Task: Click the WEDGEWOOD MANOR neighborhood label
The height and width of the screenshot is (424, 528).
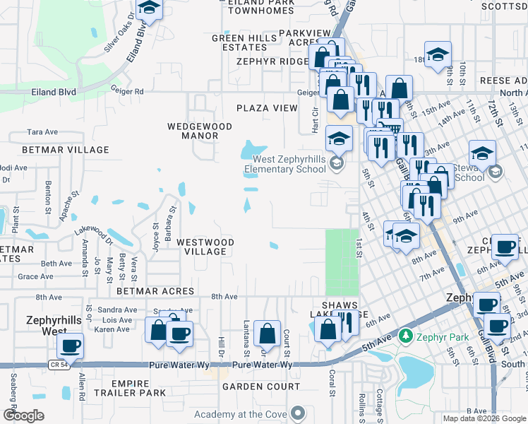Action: [199, 131]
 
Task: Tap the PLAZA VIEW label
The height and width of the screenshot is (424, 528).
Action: [267, 108]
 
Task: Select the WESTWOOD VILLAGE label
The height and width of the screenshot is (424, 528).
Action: [205, 247]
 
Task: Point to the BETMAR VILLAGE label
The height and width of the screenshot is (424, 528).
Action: [66, 150]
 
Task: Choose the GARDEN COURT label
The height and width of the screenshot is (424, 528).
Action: [261, 387]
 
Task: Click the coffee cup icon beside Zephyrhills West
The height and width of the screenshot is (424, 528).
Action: [71, 346]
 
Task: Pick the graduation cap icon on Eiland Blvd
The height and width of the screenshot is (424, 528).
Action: [149, 8]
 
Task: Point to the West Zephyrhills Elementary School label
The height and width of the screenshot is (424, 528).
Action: [285, 164]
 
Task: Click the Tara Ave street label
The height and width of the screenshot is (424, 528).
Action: [42, 132]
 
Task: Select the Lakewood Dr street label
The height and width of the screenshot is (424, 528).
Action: [95, 234]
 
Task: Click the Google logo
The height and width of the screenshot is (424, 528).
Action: [23, 416]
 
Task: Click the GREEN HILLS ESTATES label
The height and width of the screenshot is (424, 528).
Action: [244, 42]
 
